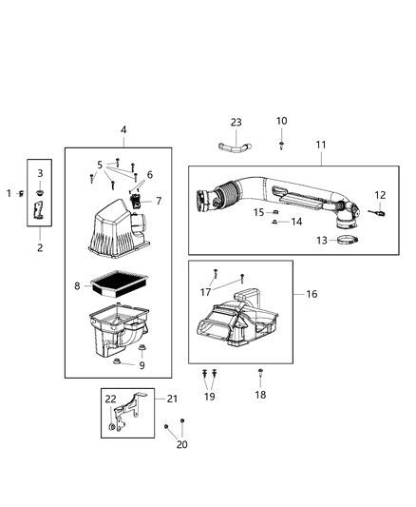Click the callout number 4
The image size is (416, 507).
[x=123, y=129]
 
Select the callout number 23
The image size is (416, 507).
[x=236, y=122]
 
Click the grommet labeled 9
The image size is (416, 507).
[x=117, y=362]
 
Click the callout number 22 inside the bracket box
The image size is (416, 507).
[x=110, y=399]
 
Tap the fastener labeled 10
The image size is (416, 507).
[x=282, y=145]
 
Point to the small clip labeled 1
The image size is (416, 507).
[x=21, y=194]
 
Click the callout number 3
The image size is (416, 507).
[x=40, y=173]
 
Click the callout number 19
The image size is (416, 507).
[x=210, y=396]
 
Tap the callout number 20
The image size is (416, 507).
[x=181, y=444]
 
